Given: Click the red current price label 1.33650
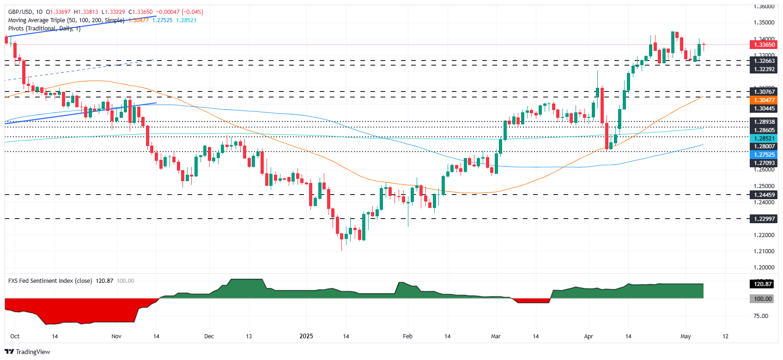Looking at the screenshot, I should [764, 45].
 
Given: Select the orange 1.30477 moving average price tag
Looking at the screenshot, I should [764, 100].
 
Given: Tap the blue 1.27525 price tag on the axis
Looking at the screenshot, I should [764, 155].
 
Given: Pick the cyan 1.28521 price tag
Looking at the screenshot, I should [764, 139].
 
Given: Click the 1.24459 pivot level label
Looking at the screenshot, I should [764, 195].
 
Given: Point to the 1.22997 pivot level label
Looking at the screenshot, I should [764, 219].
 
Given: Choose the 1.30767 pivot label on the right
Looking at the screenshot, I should [764, 92].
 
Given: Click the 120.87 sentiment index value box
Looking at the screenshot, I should [763, 284].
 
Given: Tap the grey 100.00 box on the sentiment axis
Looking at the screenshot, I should [763, 299].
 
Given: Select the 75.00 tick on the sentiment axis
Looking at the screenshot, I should [761, 316].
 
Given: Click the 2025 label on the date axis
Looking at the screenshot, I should [306, 336].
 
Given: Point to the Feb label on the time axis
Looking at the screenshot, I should [407, 336].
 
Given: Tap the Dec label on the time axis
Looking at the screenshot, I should [209, 336].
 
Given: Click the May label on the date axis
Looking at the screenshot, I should [686, 336].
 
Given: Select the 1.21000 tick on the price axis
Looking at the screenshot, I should [764, 251].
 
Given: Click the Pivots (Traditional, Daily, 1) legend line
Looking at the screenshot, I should [44, 29].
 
